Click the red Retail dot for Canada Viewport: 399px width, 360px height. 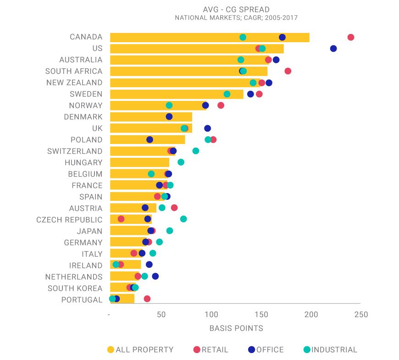pyautogui.click(x=351, y=37)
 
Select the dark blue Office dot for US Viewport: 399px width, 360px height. pyautogui.click(x=333, y=49)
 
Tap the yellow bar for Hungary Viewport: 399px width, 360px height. pyautogui.click(x=139, y=162)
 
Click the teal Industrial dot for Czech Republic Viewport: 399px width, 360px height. pyautogui.click(x=183, y=219)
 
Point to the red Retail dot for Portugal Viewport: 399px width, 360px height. pyautogui.click(x=147, y=299)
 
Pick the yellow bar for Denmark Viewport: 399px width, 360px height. pyautogui.click(x=151, y=117)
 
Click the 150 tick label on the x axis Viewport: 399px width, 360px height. pyautogui.click(x=261, y=315)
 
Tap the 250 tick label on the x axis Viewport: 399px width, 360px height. pyautogui.click(x=361, y=315)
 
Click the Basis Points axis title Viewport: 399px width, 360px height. pyautogui.click(x=236, y=328)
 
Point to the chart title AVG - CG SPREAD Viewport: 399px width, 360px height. pyautogui.click(x=236, y=10)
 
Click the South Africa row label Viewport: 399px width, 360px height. pyautogui.click(x=74, y=71)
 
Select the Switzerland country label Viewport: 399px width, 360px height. pyautogui.click(x=75, y=151)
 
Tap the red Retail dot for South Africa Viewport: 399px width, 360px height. pyautogui.click(x=288, y=71)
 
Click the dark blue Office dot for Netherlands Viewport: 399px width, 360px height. pyautogui.click(x=155, y=276)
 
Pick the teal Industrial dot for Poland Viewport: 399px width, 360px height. pyautogui.click(x=208, y=139)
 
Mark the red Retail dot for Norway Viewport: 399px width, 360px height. pyautogui.click(x=221, y=105)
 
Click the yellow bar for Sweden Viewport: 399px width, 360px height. pyautogui.click(x=177, y=94)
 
